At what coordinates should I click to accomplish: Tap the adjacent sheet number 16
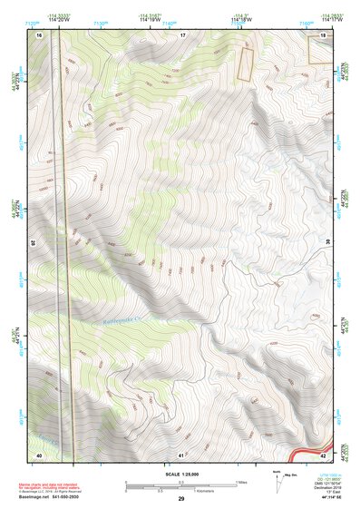point(40,34)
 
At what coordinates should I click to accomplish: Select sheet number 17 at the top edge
point(182,34)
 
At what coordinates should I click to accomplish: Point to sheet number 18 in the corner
point(324,34)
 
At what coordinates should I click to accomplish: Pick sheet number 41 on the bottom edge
point(181,454)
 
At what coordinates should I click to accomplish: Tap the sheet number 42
point(324,454)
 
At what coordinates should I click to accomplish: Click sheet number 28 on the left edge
point(34,243)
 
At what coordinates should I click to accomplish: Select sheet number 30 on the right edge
point(328,243)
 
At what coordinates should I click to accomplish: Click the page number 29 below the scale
point(181,498)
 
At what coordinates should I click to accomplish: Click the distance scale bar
point(181,482)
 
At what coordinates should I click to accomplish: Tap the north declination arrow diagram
point(277,477)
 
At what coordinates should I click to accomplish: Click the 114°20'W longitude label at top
point(62,19)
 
